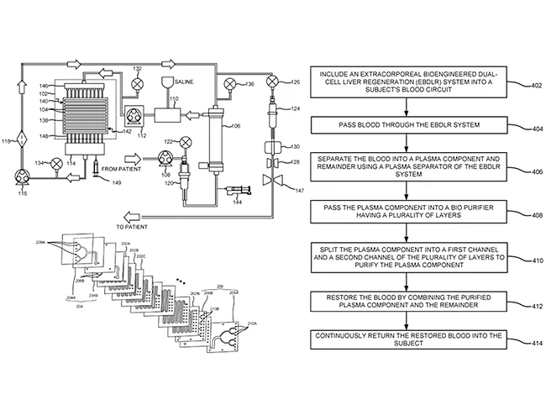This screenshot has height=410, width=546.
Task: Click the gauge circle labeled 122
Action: pos(186,142)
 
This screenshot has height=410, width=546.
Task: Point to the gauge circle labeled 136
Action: pos(229,82)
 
